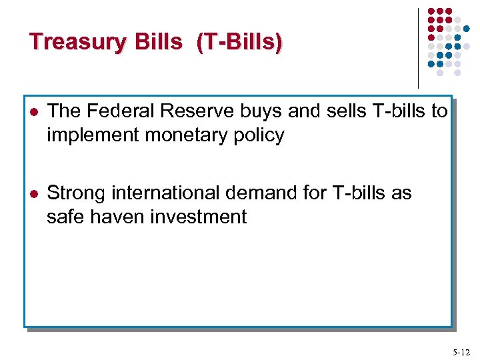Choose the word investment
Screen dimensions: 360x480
click(x=197, y=217)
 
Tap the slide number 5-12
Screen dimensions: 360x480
click(x=460, y=351)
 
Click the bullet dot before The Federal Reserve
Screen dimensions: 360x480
click(x=33, y=112)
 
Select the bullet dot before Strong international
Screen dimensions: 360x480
click(x=33, y=194)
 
